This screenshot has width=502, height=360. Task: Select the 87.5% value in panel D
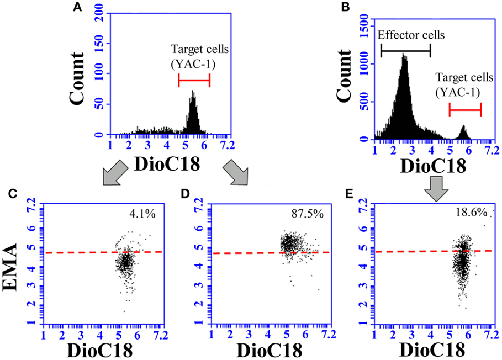[x=303, y=212]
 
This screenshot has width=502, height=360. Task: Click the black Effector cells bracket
[x=405, y=51]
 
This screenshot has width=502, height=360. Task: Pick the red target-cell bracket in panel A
[x=194, y=81]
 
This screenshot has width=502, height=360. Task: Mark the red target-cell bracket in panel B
[x=465, y=109]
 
